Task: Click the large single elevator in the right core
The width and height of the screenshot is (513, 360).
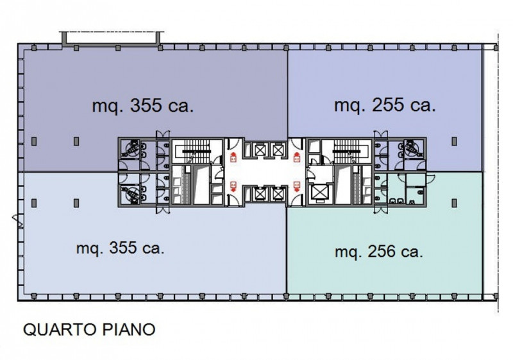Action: [x=317, y=193]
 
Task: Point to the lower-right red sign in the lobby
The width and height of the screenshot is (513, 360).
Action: [x=297, y=187]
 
